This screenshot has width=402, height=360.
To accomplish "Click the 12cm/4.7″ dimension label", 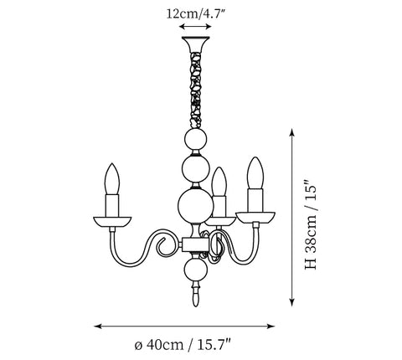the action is (x=195, y=13).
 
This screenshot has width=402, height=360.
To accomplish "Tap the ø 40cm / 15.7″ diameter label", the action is (x=183, y=345).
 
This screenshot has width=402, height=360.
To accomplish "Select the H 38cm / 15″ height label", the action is (x=311, y=225).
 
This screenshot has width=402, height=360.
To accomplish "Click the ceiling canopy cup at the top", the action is (x=195, y=44).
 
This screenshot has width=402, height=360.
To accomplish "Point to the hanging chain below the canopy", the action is (x=196, y=90).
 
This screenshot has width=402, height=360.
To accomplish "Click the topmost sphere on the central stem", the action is (x=196, y=140).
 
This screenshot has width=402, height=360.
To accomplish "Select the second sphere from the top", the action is (x=196, y=169).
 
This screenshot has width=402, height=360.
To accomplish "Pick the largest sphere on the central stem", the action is (x=196, y=205).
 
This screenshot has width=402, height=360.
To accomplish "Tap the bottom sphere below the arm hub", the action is (x=196, y=270).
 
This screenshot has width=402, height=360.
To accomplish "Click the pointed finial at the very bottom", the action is (x=196, y=295).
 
